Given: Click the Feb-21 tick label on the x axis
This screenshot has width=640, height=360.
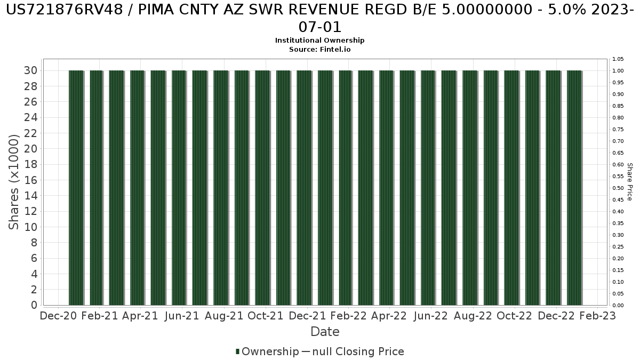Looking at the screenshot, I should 100,316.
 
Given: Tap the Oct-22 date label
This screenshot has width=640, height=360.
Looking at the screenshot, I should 514,316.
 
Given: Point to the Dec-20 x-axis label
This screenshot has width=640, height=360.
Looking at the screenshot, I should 59,316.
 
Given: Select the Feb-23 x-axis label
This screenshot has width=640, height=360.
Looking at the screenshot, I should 597,316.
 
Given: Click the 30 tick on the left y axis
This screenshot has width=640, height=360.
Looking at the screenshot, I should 30,70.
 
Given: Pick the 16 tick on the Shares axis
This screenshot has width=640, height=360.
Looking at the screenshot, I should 30,180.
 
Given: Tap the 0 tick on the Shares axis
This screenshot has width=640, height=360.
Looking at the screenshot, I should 34,305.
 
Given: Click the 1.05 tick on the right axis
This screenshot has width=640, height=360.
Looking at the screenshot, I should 618,59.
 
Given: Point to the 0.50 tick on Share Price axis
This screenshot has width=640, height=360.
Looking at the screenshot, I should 618,188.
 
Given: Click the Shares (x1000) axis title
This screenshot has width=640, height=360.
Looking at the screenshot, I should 14,181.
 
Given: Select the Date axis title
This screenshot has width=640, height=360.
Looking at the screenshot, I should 325,332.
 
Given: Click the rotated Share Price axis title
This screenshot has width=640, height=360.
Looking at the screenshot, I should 629,182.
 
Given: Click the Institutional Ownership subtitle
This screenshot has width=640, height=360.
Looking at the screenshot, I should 319,41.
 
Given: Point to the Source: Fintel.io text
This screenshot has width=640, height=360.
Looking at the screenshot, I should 319,49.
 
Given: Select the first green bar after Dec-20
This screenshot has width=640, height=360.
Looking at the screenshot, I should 76,187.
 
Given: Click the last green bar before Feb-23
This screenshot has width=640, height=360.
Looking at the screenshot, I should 574,187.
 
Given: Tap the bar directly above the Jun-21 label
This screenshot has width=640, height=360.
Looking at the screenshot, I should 179,187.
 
